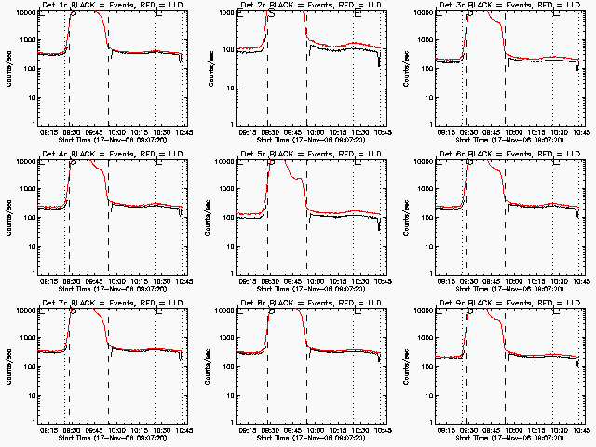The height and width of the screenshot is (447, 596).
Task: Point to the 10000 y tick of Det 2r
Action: tap(223, 12)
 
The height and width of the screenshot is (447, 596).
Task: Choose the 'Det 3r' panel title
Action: tap(449, 6)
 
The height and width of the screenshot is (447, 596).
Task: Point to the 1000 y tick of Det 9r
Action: tap(427, 338)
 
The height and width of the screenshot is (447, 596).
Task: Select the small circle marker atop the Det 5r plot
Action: tap(271, 160)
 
